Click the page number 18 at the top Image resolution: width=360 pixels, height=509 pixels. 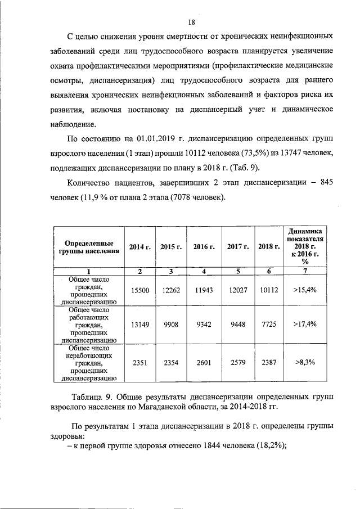click(191, 22)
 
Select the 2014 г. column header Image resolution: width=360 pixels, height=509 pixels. click(140, 247)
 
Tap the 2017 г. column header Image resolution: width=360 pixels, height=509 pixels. click(238, 247)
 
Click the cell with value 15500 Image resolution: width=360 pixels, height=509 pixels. click(139, 289)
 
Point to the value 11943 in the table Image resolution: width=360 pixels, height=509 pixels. click(204, 289)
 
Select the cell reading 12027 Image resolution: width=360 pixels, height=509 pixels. click(238, 289)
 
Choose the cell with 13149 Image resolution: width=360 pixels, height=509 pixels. click(139, 325)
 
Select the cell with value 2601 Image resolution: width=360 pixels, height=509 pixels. click(204, 363)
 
